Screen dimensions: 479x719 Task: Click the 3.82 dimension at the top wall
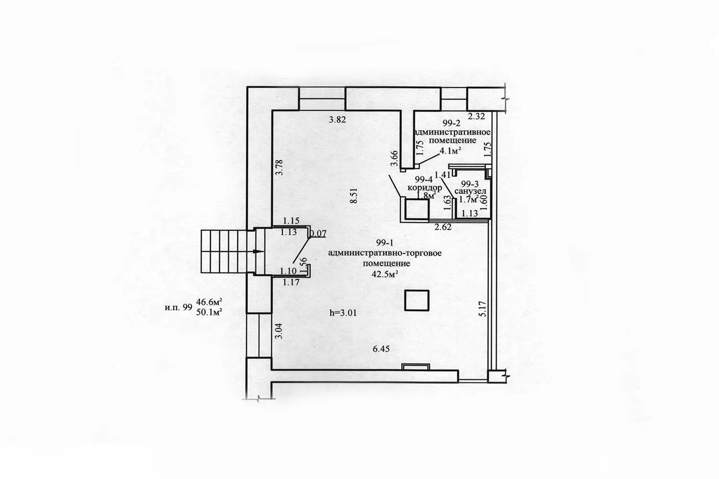[x=337, y=120]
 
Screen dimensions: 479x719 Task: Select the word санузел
[x=471, y=191]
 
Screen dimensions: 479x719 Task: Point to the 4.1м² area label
[x=451, y=150]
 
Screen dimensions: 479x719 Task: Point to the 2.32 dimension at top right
[x=477, y=115]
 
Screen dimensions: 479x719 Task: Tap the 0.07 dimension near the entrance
[x=318, y=234]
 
